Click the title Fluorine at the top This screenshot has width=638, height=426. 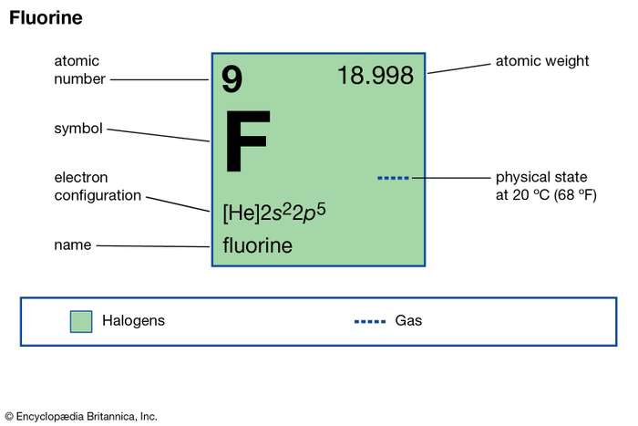click(46, 18)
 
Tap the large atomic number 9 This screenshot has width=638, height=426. click(232, 79)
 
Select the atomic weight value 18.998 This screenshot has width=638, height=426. click(376, 76)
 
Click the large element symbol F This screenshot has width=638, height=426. click(247, 140)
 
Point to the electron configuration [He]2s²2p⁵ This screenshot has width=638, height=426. click(274, 213)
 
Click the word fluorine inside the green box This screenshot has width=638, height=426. click(258, 245)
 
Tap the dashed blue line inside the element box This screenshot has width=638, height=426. click(393, 178)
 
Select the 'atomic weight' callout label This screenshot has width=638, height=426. click(542, 61)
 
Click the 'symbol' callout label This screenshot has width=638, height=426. click(78, 129)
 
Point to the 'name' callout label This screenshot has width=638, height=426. click(72, 244)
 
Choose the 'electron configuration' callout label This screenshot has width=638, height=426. click(98, 186)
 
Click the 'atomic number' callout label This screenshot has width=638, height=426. click(80, 70)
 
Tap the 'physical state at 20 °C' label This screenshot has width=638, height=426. click(546, 186)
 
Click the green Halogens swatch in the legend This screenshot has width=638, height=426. click(81, 321)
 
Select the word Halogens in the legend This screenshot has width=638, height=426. click(133, 321)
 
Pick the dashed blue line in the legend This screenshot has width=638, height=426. click(370, 322)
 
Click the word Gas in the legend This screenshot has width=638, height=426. click(408, 320)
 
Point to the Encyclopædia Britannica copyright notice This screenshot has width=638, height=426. click(81, 417)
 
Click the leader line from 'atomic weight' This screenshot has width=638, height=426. click(459, 68)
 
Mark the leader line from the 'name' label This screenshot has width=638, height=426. click(153, 246)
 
